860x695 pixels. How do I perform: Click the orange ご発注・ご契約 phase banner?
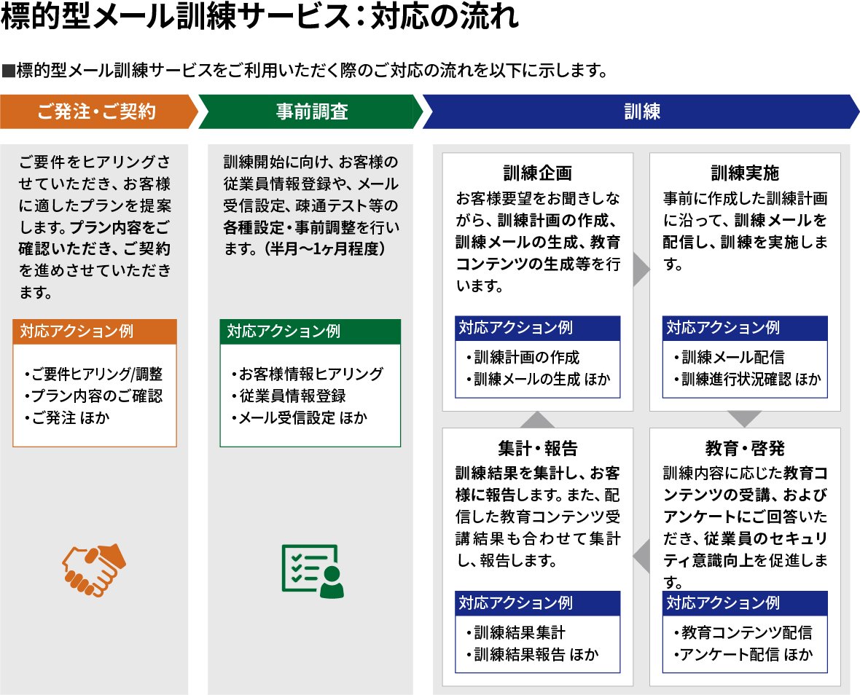[97, 111]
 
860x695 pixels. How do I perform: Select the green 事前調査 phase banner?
[311, 111]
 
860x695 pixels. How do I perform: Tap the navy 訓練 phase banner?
[641, 111]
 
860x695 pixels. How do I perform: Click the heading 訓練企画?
[538, 173]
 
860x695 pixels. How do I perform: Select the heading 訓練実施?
[745, 173]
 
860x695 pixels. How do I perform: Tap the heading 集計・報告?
[538, 447]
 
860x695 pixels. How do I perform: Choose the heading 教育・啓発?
[745, 447]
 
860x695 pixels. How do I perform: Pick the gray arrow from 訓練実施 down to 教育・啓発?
[744, 419]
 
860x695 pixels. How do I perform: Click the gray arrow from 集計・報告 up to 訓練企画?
[538, 420]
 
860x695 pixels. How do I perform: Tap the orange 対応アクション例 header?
[95, 331]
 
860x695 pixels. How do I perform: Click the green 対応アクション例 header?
[310, 331]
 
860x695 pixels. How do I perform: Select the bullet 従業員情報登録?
[289, 396]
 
